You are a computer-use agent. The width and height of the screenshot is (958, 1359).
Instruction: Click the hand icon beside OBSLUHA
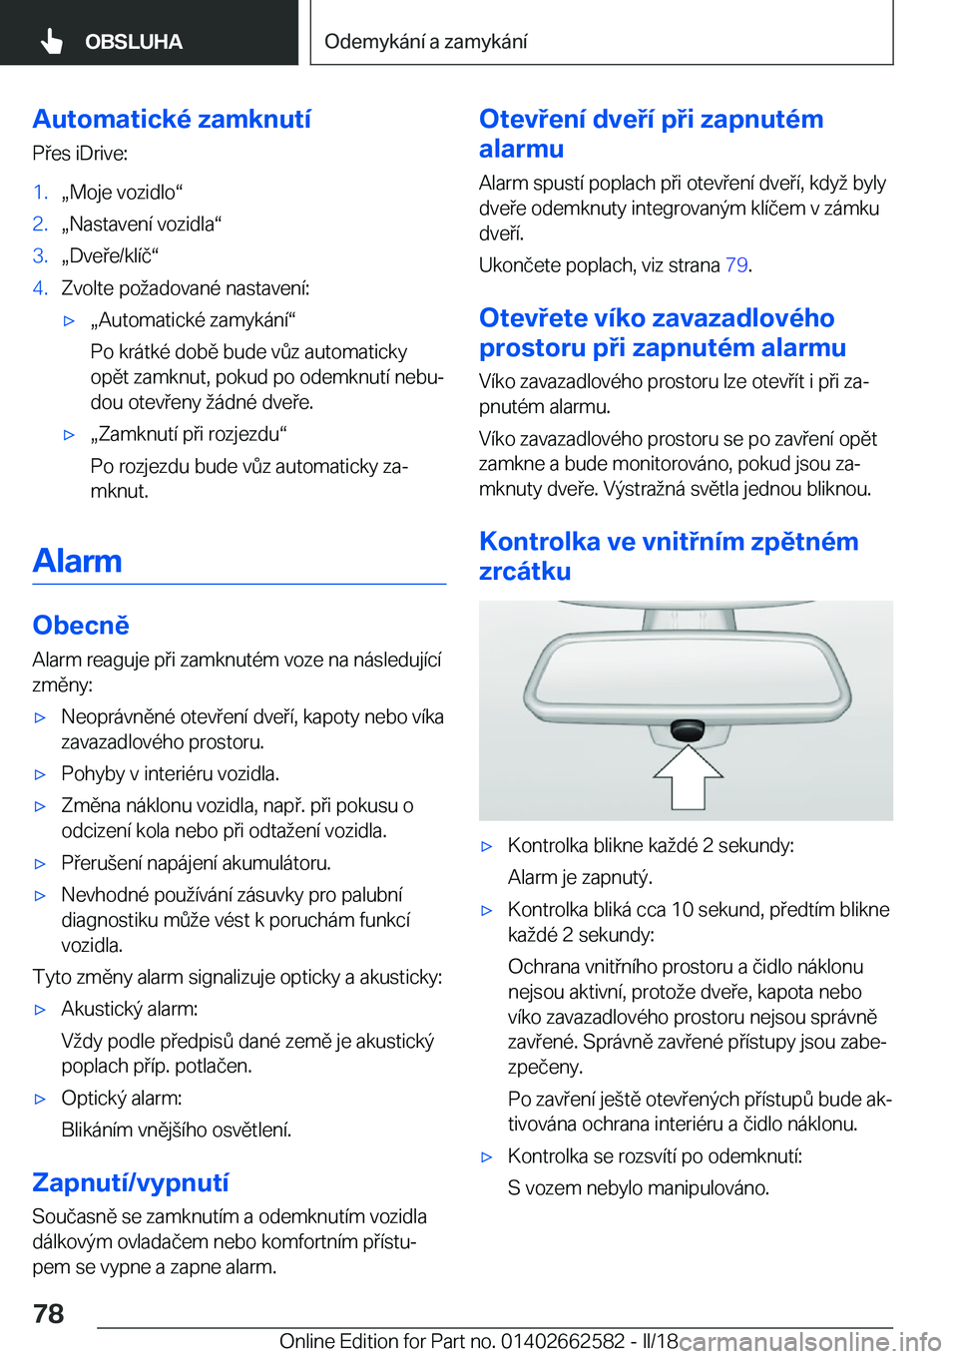tap(52, 41)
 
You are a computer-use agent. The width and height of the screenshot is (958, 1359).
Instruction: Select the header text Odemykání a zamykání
tap(425, 41)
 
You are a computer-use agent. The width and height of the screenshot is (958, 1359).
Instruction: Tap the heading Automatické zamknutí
tap(172, 119)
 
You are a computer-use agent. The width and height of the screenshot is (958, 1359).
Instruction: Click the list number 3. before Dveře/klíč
tap(40, 255)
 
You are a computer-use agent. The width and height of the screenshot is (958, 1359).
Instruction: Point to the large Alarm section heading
tap(77, 561)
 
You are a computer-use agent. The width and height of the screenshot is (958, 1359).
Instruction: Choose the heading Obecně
tap(81, 626)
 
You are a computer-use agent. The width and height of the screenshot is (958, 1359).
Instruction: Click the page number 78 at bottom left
tap(49, 1313)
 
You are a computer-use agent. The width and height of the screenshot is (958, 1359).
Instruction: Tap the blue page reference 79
tap(736, 264)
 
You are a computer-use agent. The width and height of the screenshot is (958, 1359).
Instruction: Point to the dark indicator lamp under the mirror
tap(687, 729)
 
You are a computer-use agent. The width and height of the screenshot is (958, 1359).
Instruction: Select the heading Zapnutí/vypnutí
tap(131, 1182)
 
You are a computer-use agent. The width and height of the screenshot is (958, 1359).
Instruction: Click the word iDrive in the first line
tap(101, 153)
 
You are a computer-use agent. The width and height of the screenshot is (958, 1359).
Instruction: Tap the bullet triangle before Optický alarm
tap(41, 1099)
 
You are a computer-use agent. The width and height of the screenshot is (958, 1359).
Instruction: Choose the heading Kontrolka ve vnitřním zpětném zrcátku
tap(669, 556)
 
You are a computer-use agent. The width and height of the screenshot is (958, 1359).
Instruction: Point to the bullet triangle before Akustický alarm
tap(41, 1010)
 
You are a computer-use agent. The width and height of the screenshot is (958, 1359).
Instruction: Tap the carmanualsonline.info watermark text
tap(809, 1341)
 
